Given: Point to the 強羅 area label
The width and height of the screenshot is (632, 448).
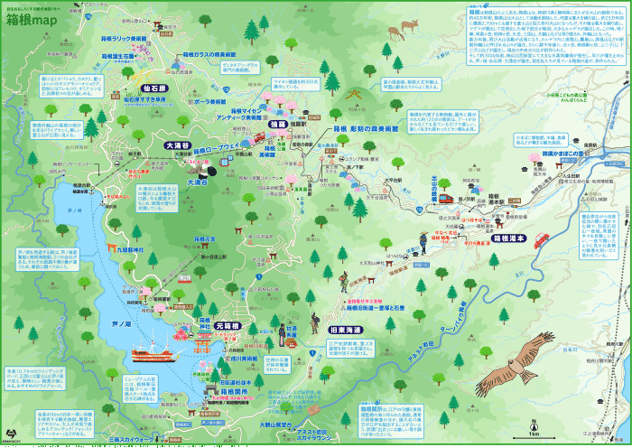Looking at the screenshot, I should pyautogui.click(x=277, y=124).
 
